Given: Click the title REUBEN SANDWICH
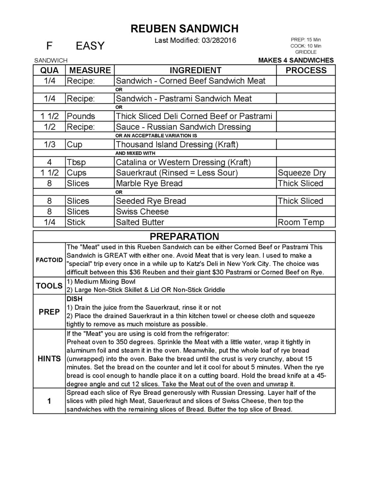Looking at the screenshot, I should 184,29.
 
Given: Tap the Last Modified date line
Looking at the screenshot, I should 195,41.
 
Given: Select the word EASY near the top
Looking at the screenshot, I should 90,46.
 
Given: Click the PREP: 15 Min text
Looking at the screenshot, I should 305,40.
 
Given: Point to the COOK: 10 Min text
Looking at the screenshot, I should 305,46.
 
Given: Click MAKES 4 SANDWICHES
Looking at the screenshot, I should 296,60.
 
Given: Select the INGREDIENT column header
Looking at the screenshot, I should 195,70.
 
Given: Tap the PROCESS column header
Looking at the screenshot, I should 306,70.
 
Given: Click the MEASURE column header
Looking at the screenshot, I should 90,70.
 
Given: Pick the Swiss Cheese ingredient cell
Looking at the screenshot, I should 142,211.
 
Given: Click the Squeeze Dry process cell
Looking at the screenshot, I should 301,173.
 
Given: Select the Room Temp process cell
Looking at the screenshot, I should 301,222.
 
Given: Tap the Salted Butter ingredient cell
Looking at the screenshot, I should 140,222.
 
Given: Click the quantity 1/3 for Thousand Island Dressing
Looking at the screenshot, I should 49,145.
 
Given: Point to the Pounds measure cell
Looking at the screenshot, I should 81,116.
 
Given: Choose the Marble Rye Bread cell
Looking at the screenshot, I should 149,183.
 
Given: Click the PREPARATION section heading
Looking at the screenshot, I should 184,237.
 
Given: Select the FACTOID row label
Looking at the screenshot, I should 49,260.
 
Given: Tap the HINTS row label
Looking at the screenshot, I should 49,359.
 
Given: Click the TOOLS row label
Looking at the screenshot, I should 49,286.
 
